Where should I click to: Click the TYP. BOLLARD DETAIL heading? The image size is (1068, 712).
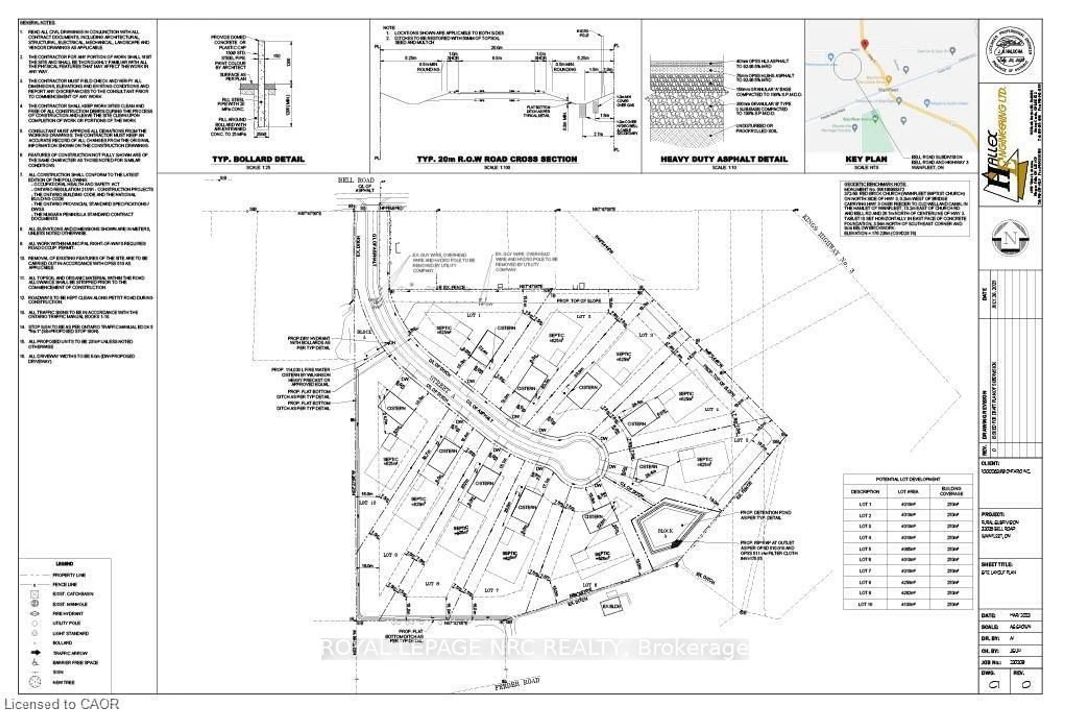click(x=258, y=159)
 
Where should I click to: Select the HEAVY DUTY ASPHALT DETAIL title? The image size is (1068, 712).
click(x=724, y=159)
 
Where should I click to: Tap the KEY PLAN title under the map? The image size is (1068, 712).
click(x=866, y=159)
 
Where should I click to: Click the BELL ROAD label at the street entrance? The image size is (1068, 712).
click(x=356, y=180)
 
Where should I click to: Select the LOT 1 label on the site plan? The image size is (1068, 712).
click(x=473, y=315)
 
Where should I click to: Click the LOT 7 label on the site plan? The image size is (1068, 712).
click(x=491, y=590)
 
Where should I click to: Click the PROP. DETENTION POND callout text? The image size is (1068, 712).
click(x=766, y=515)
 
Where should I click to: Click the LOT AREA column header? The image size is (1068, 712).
click(x=908, y=491)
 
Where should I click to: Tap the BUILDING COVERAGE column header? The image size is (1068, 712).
click(x=951, y=491)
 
